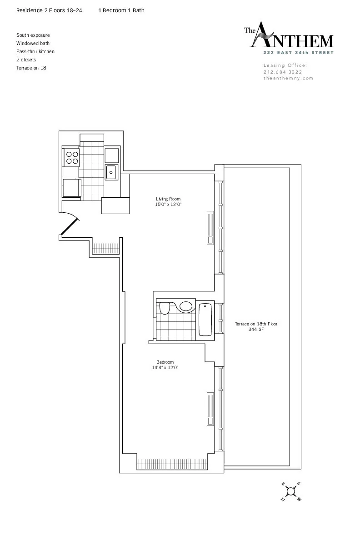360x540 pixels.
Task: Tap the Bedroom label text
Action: tap(165, 365)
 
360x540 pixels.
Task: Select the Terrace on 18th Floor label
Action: tap(255, 326)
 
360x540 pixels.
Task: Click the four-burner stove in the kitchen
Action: tap(72, 157)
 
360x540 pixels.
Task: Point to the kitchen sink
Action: tap(111, 172)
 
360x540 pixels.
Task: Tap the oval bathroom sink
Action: tap(185, 306)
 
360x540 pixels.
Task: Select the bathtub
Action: tap(205, 319)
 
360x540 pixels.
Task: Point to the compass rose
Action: tap(291, 492)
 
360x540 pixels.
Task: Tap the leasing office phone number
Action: tap(282, 72)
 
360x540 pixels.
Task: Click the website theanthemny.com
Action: tap(288, 78)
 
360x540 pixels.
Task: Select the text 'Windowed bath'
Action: tap(33, 43)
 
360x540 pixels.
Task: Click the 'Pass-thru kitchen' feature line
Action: tap(35, 51)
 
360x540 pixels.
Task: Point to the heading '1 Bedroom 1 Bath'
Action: tap(121, 10)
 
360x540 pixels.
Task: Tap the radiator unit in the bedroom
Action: tap(210, 409)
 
